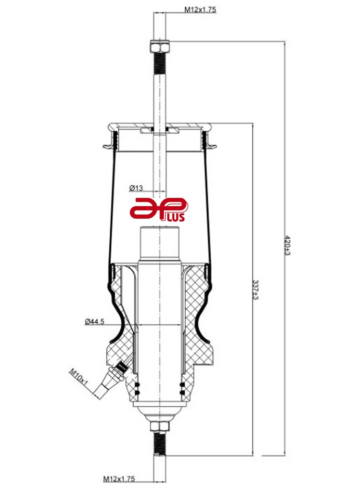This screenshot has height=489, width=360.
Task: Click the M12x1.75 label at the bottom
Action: pyautogui.click(x=119, y=478)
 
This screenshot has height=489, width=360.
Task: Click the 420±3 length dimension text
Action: pyautogui.click(x=287, y=245)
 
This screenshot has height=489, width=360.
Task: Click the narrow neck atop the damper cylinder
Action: pyautogui.click(x=159, y=244)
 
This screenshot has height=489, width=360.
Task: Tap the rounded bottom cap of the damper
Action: pyautogui.click(x=159, y=411)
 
